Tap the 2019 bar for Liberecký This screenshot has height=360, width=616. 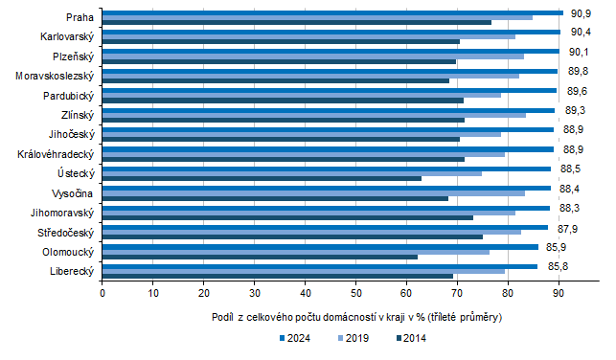click(x=303, y=271)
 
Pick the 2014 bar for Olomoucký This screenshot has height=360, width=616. click(x=260, y=258)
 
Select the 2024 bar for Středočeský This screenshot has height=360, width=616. click(x=325, y=227)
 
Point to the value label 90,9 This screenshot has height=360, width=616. click(x=581, y=13)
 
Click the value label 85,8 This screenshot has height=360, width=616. click(x=572, y=265)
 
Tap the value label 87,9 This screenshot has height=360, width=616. click(x=568, y=227)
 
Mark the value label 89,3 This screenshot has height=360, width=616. click(x=576, y=110)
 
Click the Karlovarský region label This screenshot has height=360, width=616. click(x=67, y=36)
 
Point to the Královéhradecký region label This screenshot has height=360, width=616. click(x=56, y=153)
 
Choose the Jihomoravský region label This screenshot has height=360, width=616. click(x=61, y=213)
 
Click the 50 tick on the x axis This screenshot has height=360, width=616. click(x=355, y=293)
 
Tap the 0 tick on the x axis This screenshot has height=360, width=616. click(x=103, y=293)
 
